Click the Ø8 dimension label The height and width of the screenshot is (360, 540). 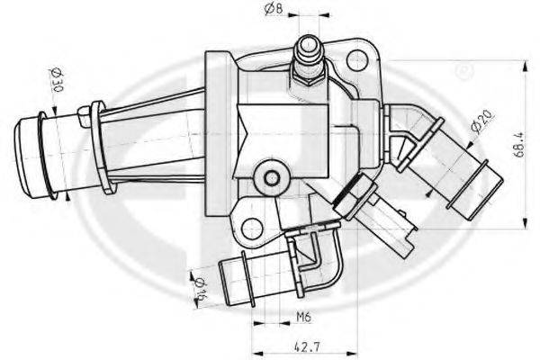[274, 8]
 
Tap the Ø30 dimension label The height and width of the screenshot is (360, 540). [58, 80]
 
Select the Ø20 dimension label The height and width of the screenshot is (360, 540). [482, 121]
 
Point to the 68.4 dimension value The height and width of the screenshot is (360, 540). [519, 144]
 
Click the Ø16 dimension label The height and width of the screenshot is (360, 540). [201, 289]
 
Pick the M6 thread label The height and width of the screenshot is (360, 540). [304, 317]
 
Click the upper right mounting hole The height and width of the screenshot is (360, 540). [357, 60]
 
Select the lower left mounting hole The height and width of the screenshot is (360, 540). [252, 229]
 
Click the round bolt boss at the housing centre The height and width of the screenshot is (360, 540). [272, 178]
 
